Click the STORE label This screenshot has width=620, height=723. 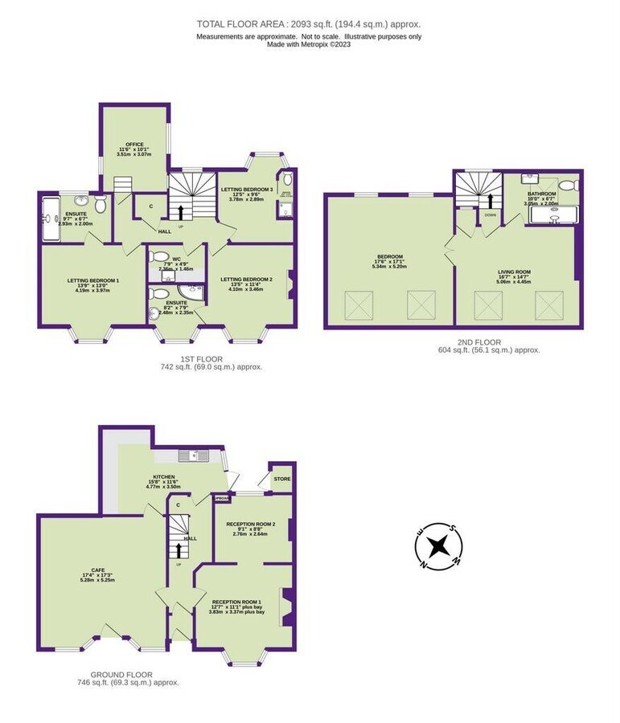pyautogui.click(x=281, y=479)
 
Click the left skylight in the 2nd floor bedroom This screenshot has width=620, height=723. pyautogui.click(x=358, y=306)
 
